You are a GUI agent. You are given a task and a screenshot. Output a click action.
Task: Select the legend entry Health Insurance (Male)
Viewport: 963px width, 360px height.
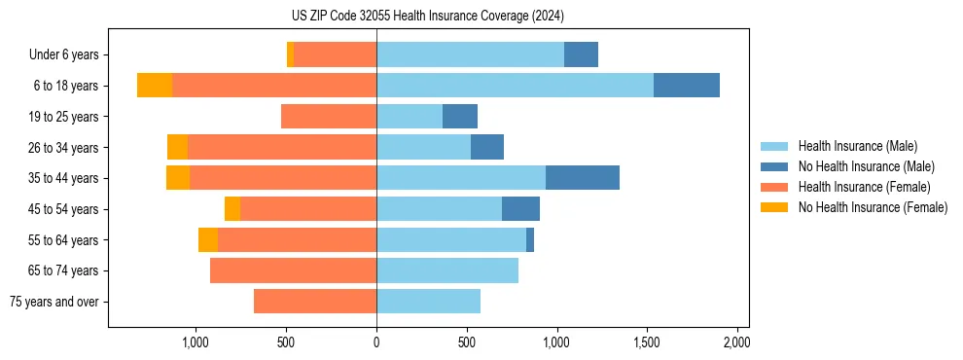857,146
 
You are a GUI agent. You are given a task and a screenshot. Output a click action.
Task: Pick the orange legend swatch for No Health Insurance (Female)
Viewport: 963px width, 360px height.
775,207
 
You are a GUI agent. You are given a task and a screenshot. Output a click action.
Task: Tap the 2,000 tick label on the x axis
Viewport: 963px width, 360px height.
736,342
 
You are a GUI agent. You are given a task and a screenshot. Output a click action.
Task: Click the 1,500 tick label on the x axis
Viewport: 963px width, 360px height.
647,342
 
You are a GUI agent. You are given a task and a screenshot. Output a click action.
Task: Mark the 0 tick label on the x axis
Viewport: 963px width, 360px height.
376,342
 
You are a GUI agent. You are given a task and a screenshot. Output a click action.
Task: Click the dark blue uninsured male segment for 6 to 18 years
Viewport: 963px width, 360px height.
687,86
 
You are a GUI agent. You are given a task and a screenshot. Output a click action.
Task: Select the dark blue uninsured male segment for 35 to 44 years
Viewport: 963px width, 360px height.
583,178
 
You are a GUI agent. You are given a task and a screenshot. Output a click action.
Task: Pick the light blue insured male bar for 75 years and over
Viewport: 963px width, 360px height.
428,302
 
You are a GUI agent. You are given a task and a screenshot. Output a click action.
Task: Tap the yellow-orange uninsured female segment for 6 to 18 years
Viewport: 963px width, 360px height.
155,86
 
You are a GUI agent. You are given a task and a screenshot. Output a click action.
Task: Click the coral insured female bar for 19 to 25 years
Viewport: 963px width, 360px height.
329,117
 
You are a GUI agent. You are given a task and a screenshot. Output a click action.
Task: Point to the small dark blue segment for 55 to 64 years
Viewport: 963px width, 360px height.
530,239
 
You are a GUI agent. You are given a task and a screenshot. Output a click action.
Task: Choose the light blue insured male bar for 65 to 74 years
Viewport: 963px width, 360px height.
447,270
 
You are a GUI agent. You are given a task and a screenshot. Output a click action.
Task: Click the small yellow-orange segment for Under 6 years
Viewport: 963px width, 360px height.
290,55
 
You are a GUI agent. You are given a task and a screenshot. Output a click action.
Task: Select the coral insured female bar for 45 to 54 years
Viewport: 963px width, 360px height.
308,209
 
